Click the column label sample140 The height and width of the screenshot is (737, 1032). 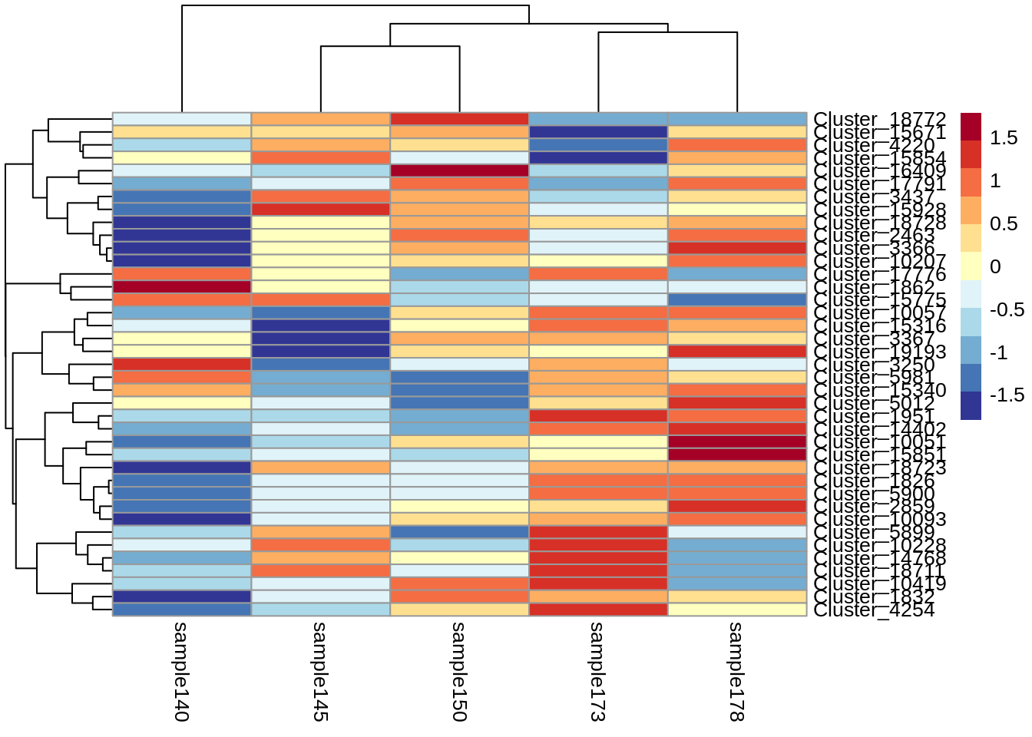point(181,671)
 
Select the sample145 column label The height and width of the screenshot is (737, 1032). point(320,671)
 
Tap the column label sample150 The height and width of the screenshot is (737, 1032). point(459,671)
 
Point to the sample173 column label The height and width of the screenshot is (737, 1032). point(597,671)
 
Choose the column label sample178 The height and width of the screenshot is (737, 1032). point(736,671)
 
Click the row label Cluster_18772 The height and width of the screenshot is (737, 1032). point(879,119)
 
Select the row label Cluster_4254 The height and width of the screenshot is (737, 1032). point(874,610)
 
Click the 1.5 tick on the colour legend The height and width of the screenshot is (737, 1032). point(1004,138)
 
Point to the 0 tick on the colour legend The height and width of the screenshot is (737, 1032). point(996,267)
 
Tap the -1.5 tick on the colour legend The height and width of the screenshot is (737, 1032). point(1007,395)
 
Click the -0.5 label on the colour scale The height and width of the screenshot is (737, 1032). point(1007,310)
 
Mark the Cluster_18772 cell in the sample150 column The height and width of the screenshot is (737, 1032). point(459,119)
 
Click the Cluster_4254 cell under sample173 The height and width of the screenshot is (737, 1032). point(598,610)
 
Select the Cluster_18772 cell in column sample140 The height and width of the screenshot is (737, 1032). point(182,119)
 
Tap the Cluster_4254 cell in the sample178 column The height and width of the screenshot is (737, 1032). point(737,610)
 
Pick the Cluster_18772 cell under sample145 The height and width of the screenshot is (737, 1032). point(321,119)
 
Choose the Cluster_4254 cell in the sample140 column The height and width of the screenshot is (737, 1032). point(182,610)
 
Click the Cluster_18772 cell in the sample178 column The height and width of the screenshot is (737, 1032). point(737,119)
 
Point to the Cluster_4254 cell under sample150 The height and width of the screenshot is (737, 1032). point(459,610)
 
